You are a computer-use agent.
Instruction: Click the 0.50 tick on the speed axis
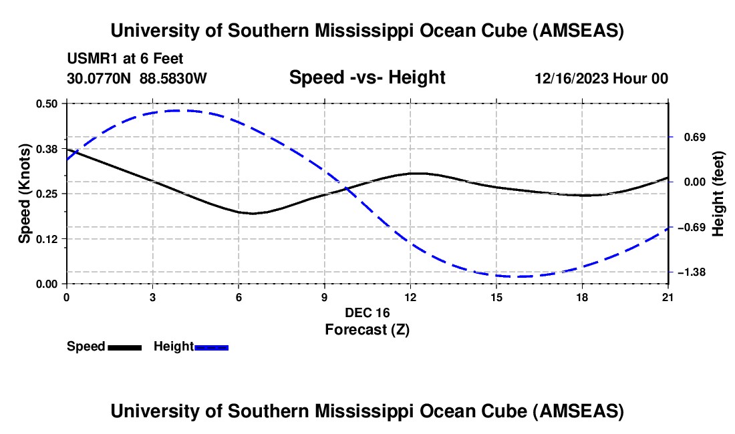pos(49,103)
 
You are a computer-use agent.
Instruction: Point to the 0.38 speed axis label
pos(49,148)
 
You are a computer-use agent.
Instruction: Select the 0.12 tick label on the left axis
pos(49,238)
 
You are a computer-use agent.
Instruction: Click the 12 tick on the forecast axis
pos(410,296)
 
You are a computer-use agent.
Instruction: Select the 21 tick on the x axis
pos(668,296)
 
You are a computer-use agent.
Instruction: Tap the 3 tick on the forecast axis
pos(152,296)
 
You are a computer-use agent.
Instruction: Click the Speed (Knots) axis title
pos(25,193)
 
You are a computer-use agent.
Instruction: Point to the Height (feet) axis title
pos(718,193)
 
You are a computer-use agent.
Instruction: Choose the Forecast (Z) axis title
pos(367,329)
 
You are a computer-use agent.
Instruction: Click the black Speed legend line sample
pos(124,347)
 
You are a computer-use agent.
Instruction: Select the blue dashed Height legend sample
pos(211,347)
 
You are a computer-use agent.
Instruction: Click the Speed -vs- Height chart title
pos(367,77)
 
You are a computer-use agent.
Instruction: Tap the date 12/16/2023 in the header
pos(571,79)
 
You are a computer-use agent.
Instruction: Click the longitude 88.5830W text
pos(174,79)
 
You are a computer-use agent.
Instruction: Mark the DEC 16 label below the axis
pos(367,312)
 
